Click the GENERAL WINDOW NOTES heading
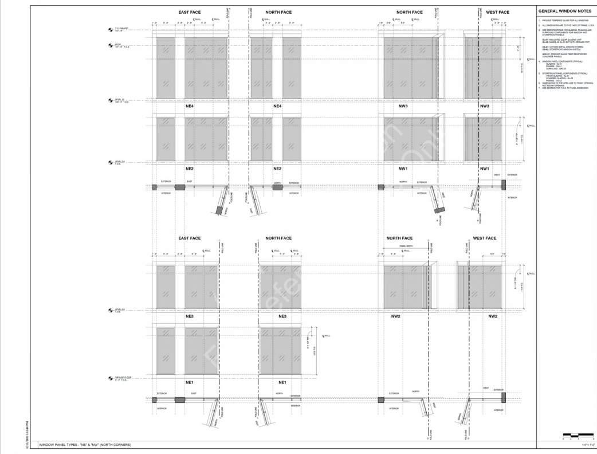(x=564, y=11)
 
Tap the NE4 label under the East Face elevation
(x=189, y=106)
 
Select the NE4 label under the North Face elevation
(x=277, y=106)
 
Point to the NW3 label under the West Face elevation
(x=484, y=106)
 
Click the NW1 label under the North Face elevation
(x=403, y=169)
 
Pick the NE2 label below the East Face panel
(x=189, y=169)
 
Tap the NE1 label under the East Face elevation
(x=189, y=382)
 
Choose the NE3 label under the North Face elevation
(x=282, y=316)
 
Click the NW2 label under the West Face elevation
(x=492, y=316)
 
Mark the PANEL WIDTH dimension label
(x=406, y=246)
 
